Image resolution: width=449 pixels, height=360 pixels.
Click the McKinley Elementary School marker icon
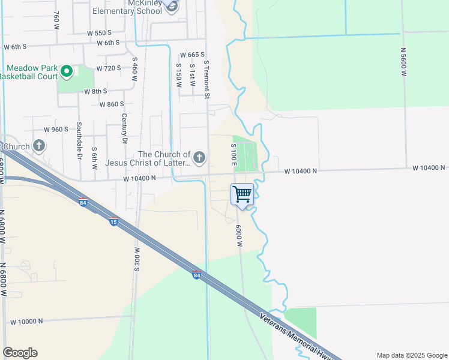tap(172, 7)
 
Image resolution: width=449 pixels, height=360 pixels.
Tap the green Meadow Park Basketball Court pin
tap(66, 72)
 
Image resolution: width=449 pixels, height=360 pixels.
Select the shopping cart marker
tap(242, 194)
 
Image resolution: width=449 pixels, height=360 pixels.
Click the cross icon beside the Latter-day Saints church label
tap(199, 158)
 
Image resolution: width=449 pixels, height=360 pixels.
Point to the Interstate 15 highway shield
tap(113, 222)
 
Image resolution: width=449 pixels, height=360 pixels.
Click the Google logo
tap(20, 353)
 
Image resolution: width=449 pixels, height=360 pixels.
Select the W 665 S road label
tap(192, 55)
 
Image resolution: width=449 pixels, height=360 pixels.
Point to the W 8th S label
tap(95, 91)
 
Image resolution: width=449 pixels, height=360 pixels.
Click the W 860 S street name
tap(112, 104)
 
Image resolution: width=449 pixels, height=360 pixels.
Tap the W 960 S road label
tap(56, 129)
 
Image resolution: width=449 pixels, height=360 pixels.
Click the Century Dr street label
tap(124, 128)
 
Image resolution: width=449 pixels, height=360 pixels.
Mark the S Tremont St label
tap(206, 79)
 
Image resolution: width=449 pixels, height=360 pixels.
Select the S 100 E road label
tap(233, 154)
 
